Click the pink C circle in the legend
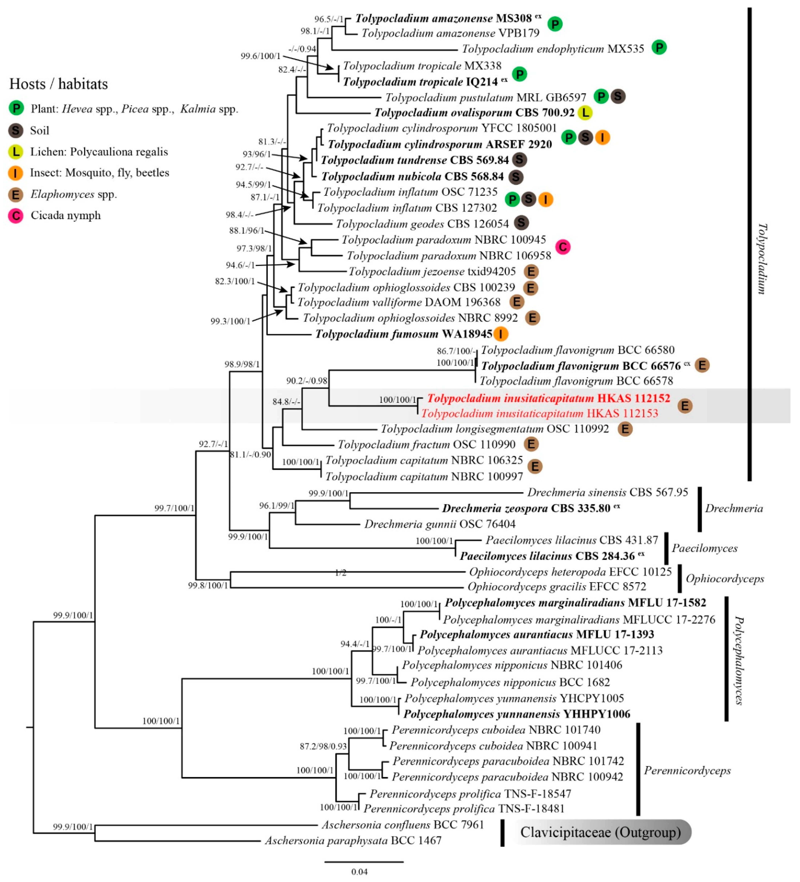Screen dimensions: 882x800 pyautogui.click(x=16, y=216)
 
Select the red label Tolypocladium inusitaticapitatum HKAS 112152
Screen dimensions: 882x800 pyautogui.click(x=548, y=398)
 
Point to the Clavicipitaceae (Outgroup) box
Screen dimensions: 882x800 pyautogui.click(x=600, y=832)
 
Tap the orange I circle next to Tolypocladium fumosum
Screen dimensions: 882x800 pyautogui.click(x=501, y=334)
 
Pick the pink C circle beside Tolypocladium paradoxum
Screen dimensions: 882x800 pyautogui.click(x=563, y=247)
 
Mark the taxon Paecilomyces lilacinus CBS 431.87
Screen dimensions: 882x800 pyautogui.click(x=571, y=540)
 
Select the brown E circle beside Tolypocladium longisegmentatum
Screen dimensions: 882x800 pyautogui.click(x=625, y=429)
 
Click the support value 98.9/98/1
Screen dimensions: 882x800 pyautogui.click(x=242, y=364)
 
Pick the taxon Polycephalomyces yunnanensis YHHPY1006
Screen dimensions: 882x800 pyautogui.click(x=516, y=714)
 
